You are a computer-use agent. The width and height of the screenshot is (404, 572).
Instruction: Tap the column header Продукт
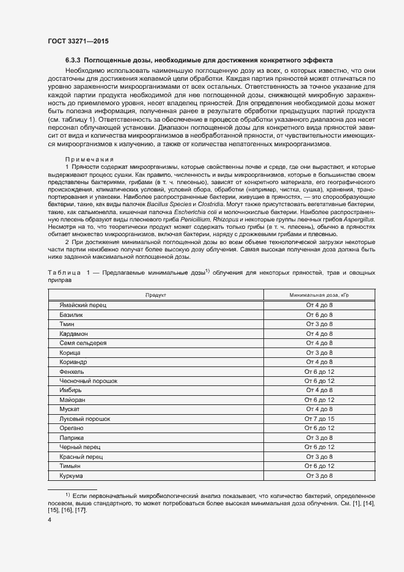point(155,294)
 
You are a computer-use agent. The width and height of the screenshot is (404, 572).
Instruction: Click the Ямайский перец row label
point(78,304)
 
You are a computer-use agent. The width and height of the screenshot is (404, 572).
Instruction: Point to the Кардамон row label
point(73,333)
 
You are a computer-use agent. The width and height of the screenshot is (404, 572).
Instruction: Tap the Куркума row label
point(71,475)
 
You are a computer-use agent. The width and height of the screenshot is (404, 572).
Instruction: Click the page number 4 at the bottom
point(50,519)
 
